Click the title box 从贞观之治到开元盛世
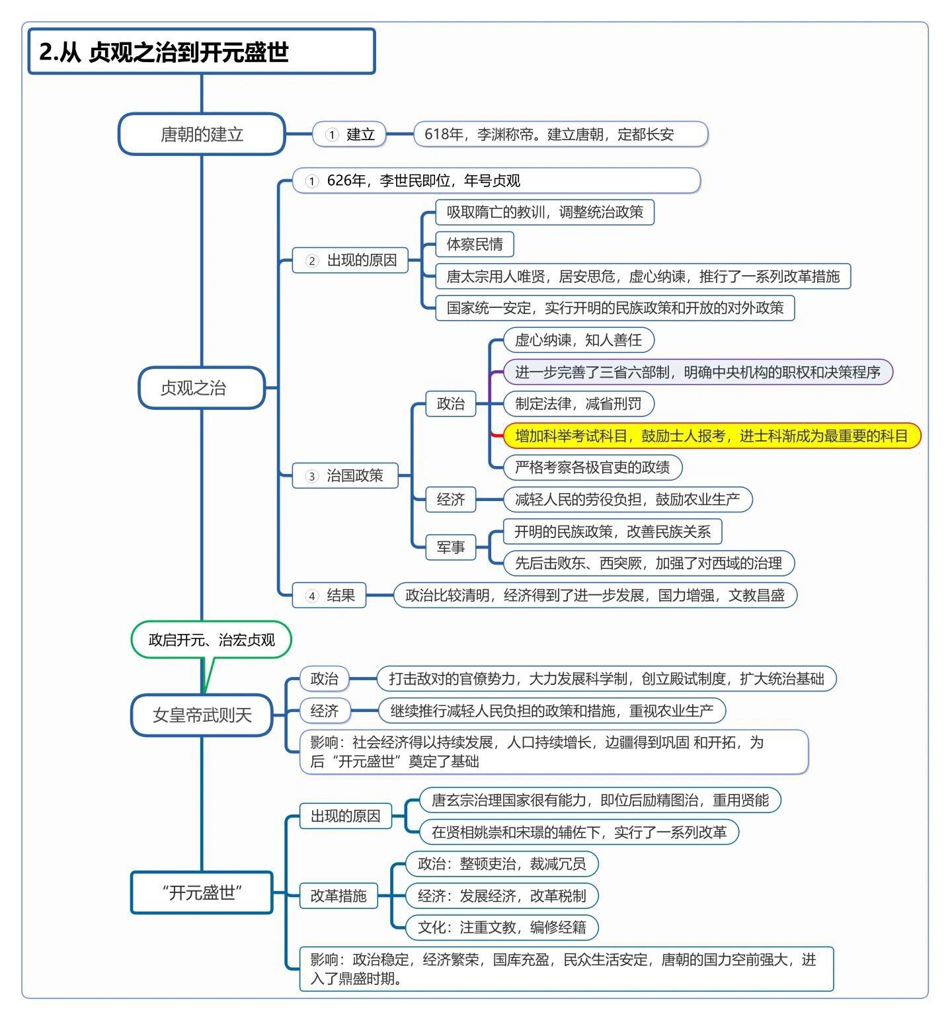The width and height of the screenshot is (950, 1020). [202, 52]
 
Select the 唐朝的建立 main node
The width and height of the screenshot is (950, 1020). [202, 134]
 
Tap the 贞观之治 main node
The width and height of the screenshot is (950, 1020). [202, 388]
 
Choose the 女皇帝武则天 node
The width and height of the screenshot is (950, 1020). [202, 715]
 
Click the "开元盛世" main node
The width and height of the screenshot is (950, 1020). [202, 892]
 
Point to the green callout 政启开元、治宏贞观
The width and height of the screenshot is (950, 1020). [212, 639]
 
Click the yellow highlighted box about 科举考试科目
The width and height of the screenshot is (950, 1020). [711, 436]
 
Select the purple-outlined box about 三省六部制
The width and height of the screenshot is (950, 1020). [697, 372]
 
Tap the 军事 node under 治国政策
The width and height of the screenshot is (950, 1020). [450, 547]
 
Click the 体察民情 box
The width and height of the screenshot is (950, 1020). [474, 244]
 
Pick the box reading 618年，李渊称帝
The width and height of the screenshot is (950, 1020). [560, 134]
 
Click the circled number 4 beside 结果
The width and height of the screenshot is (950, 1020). [312, 596]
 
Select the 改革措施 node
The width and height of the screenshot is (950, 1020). [338, 896]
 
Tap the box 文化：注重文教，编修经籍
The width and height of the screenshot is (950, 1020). [501, 927]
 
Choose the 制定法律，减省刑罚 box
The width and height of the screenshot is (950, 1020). [578, 404]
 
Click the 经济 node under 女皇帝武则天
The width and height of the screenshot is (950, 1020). [324, 711]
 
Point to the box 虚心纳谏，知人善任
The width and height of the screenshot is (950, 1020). [578, 340]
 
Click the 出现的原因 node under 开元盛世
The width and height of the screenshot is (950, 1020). [345, 816]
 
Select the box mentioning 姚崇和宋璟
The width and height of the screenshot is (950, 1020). [578, 832]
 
